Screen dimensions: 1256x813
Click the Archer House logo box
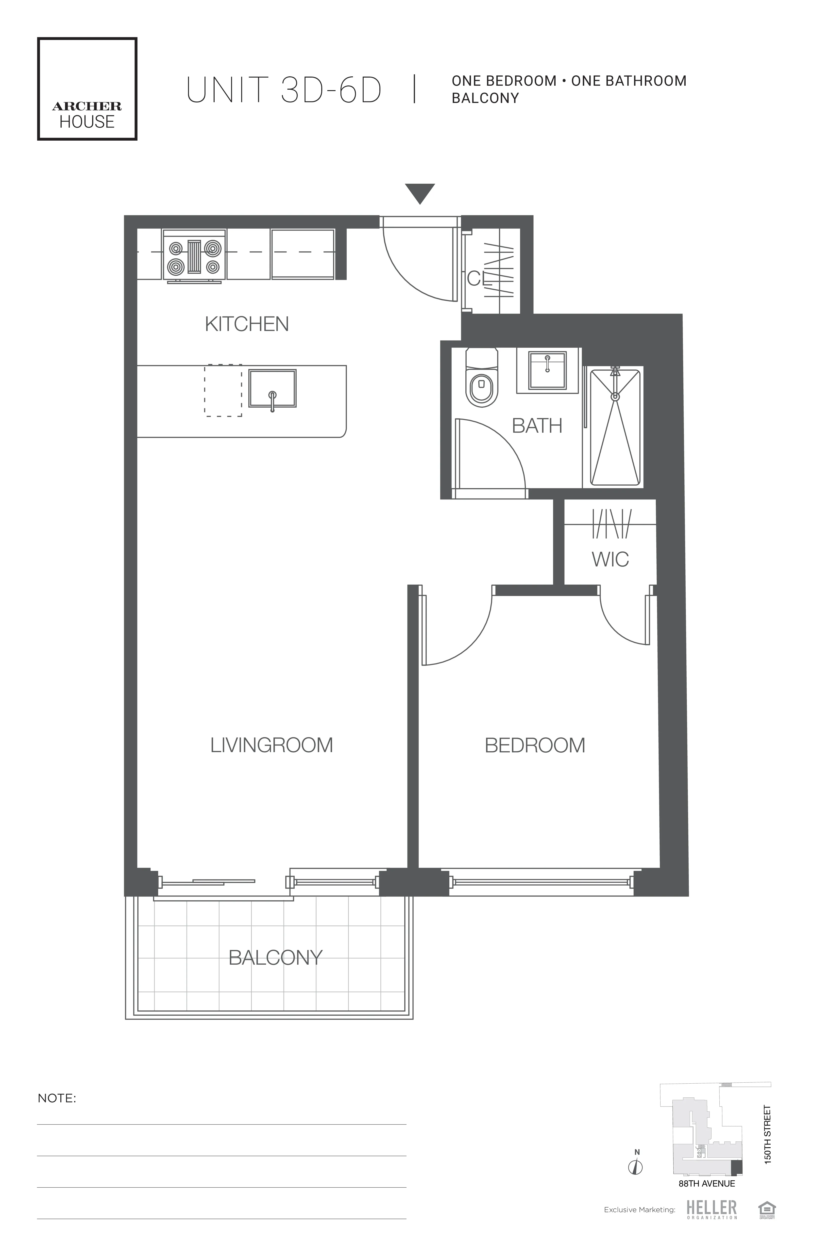click(87, 89)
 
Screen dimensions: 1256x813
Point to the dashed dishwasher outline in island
click(223, 391)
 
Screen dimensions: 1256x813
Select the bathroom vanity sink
click(547, 370)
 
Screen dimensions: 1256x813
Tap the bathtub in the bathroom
click(615, 428)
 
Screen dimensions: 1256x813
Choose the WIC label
click(610, 559)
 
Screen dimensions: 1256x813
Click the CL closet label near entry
click(479, 279)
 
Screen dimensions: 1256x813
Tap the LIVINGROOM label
click(271, 745)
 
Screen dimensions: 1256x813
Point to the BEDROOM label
click(535, 745)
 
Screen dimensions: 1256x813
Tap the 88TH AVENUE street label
click(706, 1183)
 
